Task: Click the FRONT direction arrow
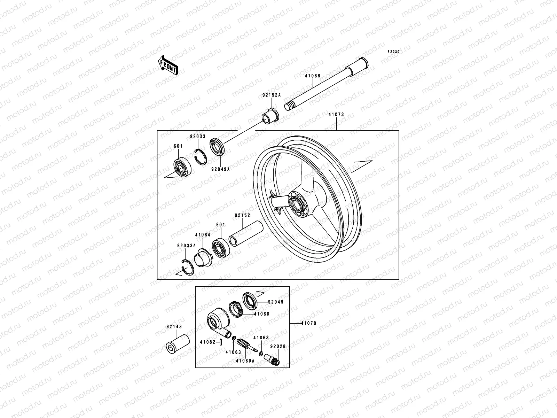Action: coord(173,65)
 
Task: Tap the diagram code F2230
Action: coord(394,52)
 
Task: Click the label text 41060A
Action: coord(245,361)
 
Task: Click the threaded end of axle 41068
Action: coord(290,106)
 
